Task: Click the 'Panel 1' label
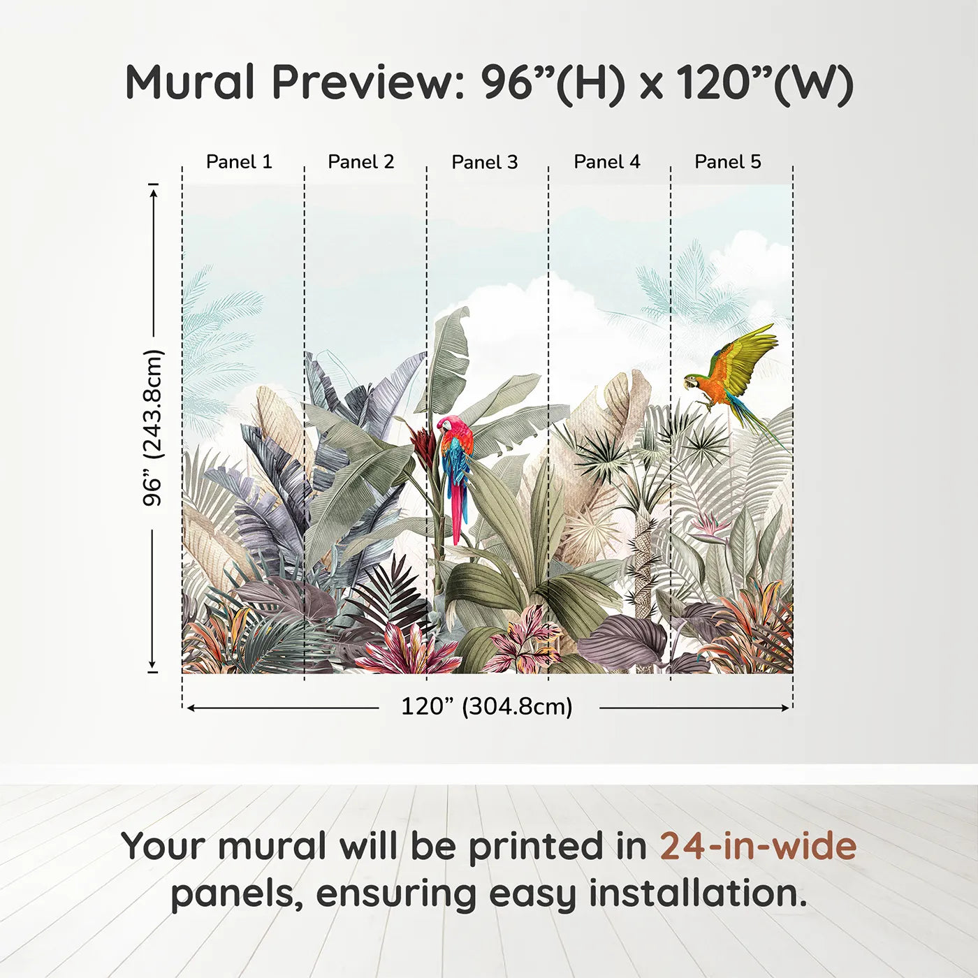239,162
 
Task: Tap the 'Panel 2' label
361,162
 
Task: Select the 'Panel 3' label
485,163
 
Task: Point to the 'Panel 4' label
607,162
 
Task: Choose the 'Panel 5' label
728,162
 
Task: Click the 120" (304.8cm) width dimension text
487,707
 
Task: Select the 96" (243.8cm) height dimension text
152,428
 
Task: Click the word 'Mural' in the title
191,82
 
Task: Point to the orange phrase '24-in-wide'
758,846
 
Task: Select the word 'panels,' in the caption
237,895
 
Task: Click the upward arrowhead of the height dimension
154,190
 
